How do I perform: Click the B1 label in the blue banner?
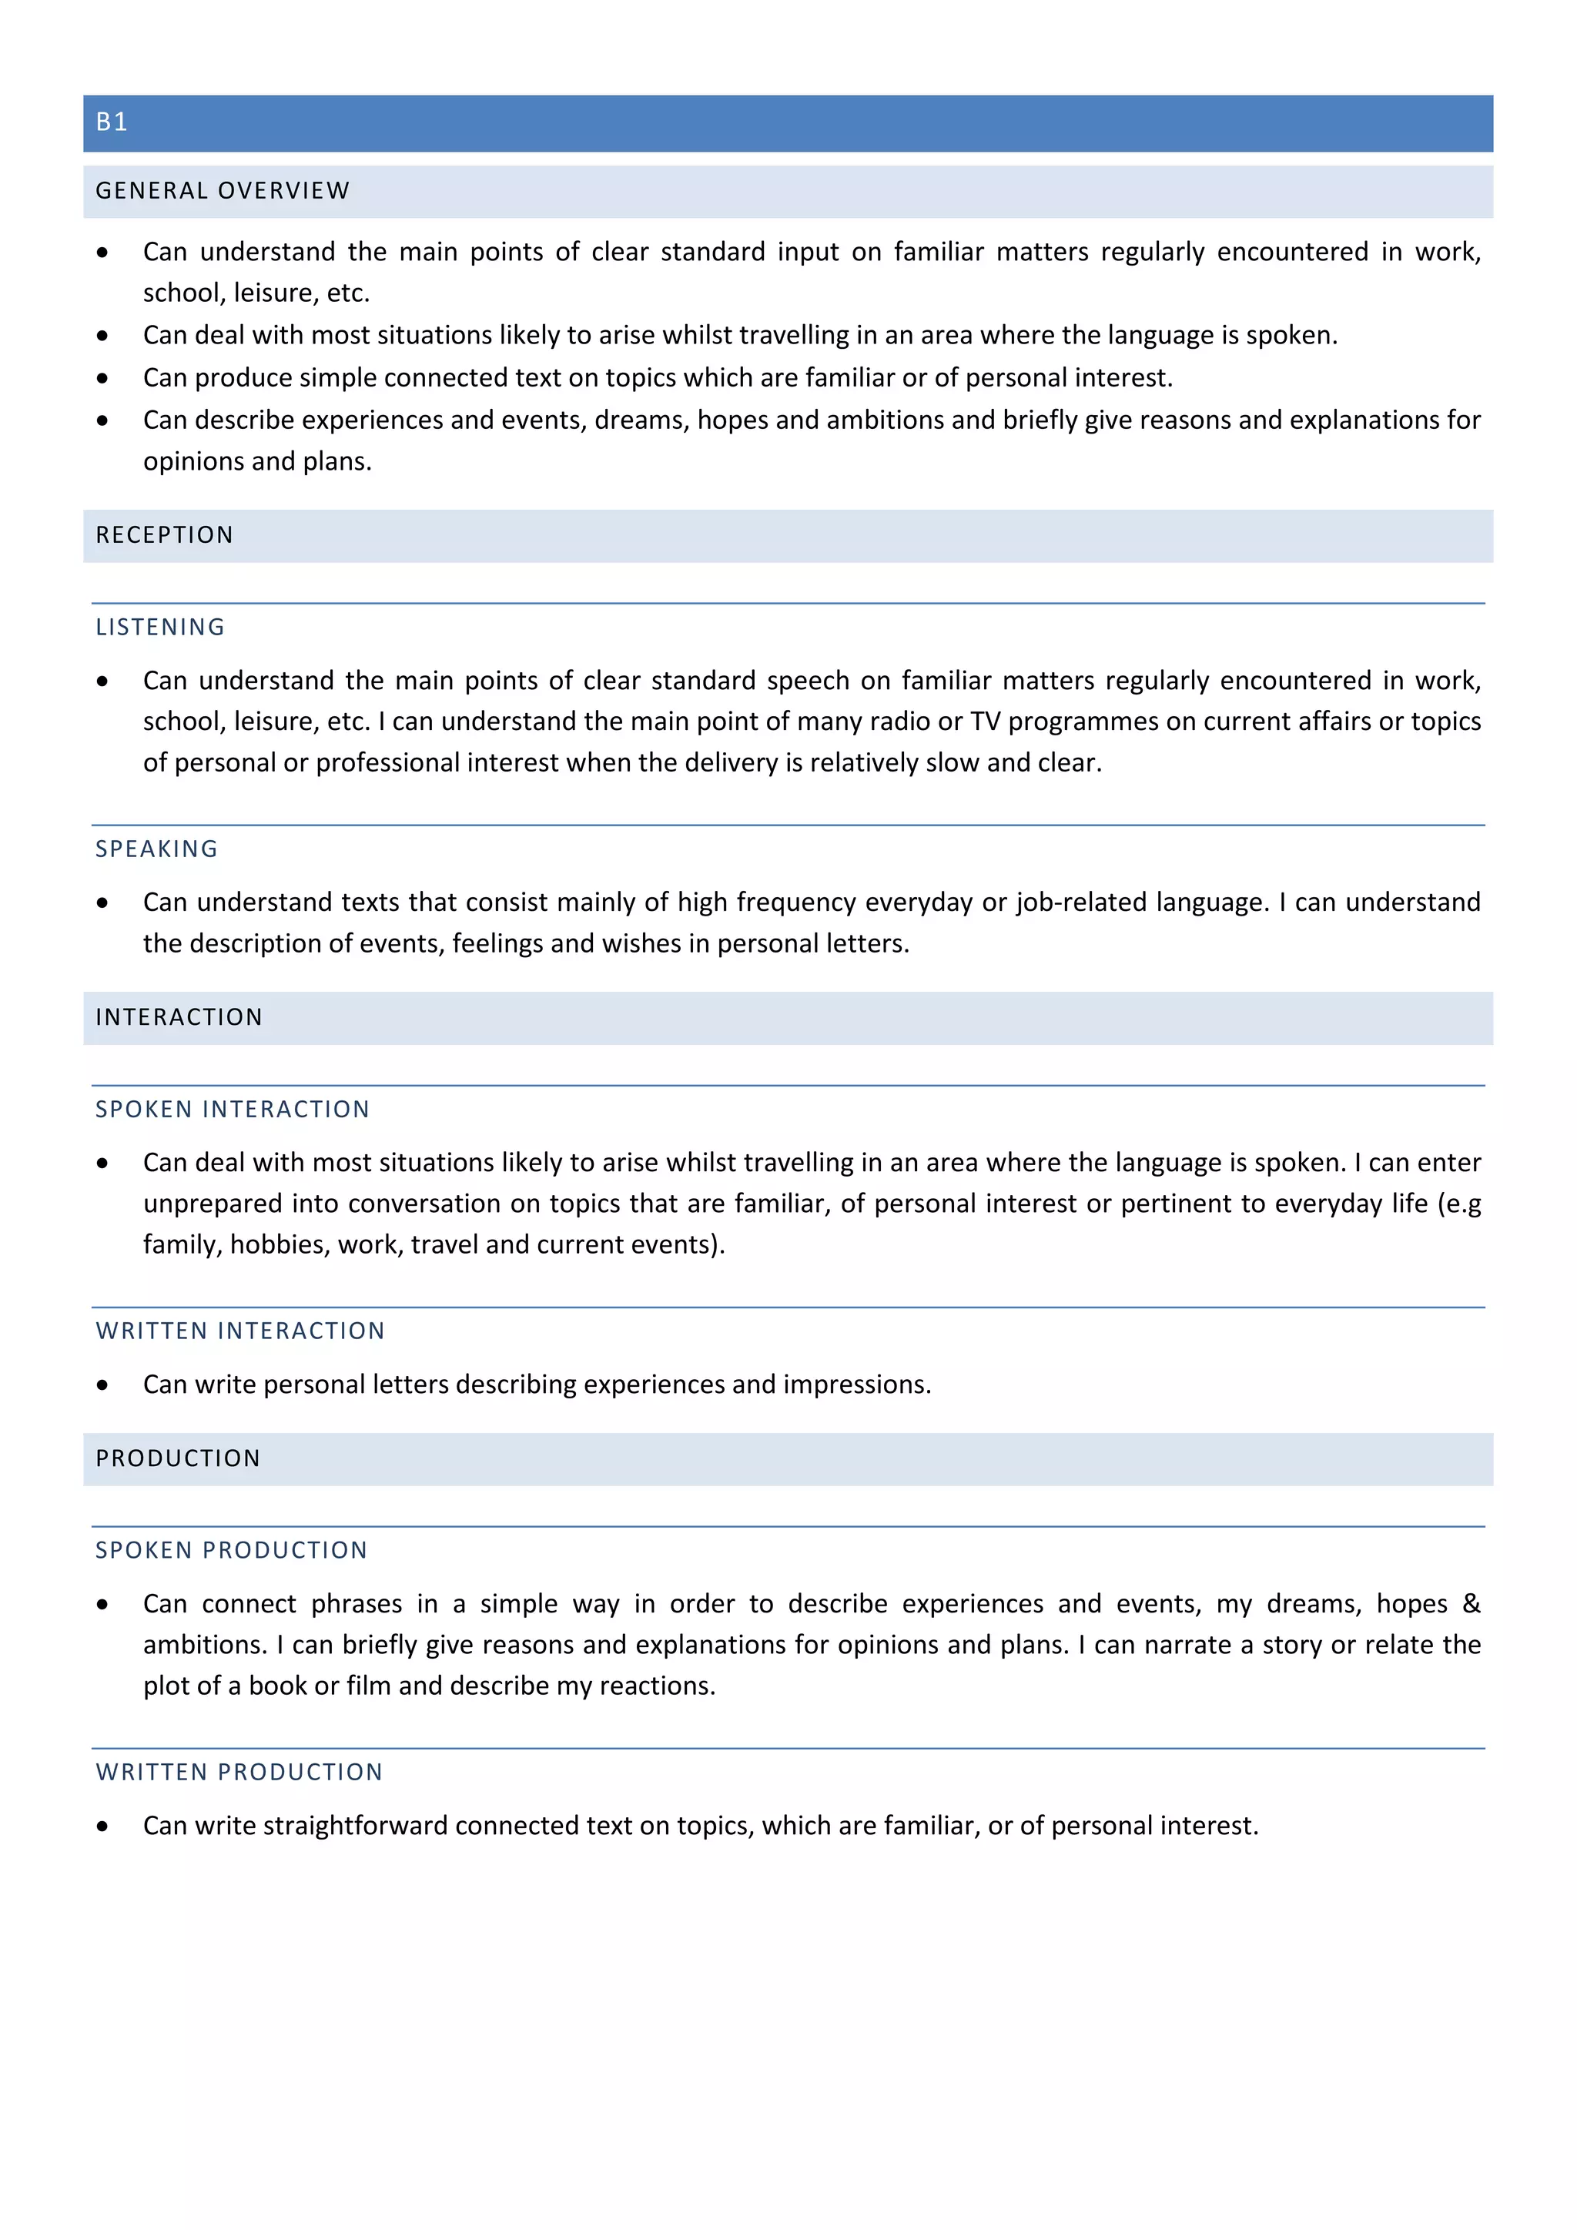(x=112, y=122)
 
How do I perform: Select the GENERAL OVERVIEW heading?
(x=223, y=191)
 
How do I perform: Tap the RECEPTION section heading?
(x=164, y=535)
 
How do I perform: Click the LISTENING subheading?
(x=160, y=628)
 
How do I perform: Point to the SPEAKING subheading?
(x=156, y=849)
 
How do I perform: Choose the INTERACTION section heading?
(x=179, y=1018)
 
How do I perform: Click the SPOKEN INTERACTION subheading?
(x=232, y=1109)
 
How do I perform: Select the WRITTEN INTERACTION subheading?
(x=239, y=1331)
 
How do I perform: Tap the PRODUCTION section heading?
(x=178, y=1459)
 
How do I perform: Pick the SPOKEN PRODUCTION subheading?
(x=231, y=1551)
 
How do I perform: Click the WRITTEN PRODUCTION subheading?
(x=239, y=1773)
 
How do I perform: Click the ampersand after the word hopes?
(x=1472, y=1603)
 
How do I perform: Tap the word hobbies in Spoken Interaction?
(x=276, y=1245)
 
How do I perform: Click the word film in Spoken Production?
(x=368, y=1686)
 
